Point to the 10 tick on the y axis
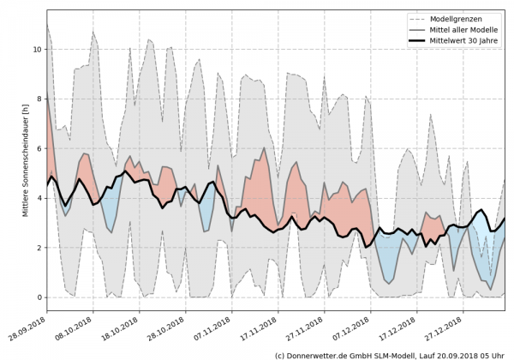[x=38, y=50]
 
